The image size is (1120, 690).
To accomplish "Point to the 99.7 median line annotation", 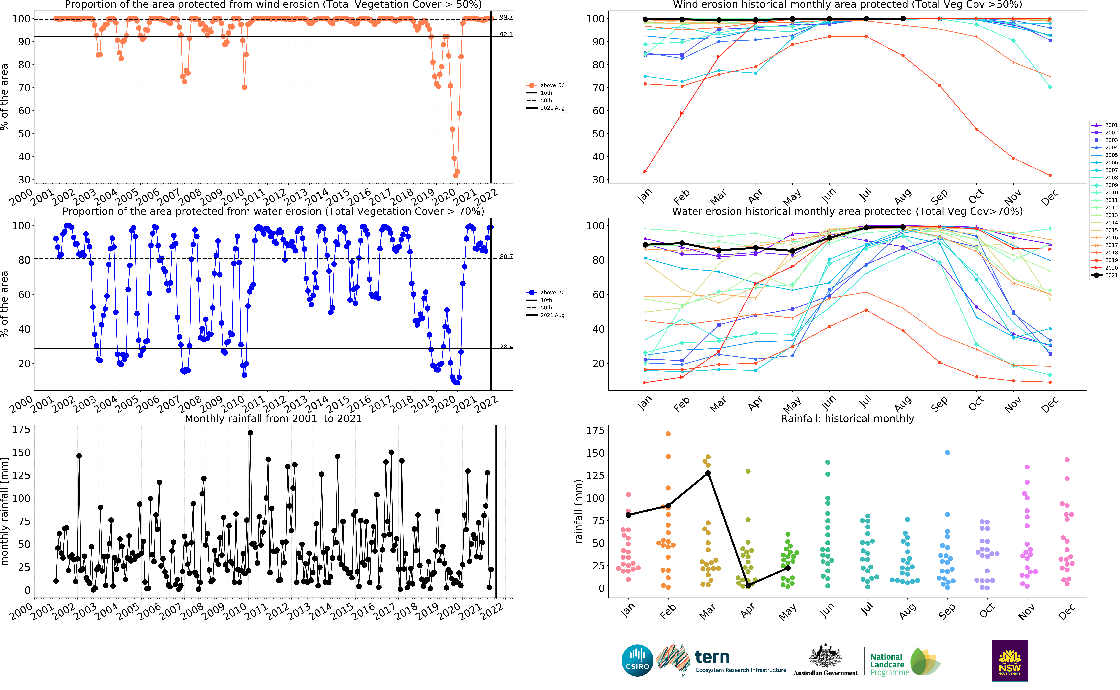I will [x=506, y=17].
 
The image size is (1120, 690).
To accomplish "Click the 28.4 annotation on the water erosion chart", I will [x=506, y=347].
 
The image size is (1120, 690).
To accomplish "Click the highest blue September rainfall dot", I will [x=947, y=453].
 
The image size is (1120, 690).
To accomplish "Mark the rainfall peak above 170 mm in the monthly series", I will [x=250, y=433].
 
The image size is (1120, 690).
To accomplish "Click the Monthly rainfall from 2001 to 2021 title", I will [x=273, y=418].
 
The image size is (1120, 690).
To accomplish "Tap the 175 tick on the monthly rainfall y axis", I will [x=21, y=429].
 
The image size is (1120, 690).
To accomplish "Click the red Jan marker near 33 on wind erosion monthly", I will [x=645, y=172].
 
